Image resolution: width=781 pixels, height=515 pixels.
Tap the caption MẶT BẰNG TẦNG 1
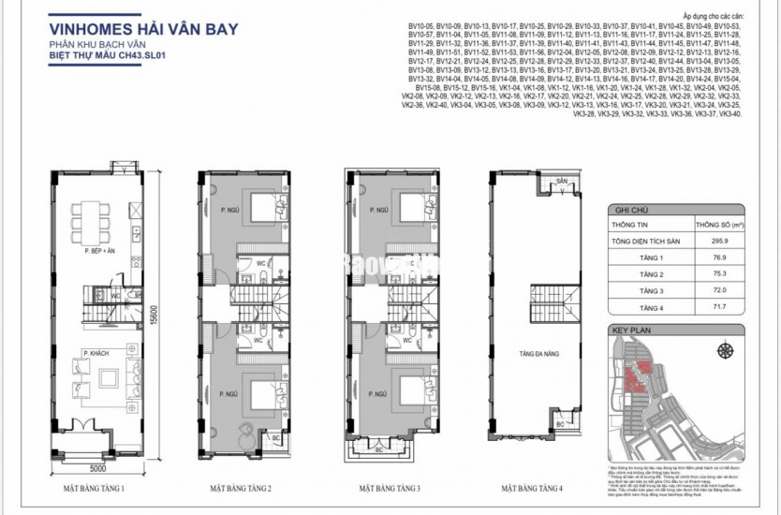pos(95,488)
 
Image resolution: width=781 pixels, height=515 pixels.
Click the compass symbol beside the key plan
pos(725,351)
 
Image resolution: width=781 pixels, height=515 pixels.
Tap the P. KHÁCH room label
pos(93,352)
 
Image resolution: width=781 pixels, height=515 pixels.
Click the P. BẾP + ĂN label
pos(98,252)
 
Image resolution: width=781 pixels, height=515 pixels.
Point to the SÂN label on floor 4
pos(562,180)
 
